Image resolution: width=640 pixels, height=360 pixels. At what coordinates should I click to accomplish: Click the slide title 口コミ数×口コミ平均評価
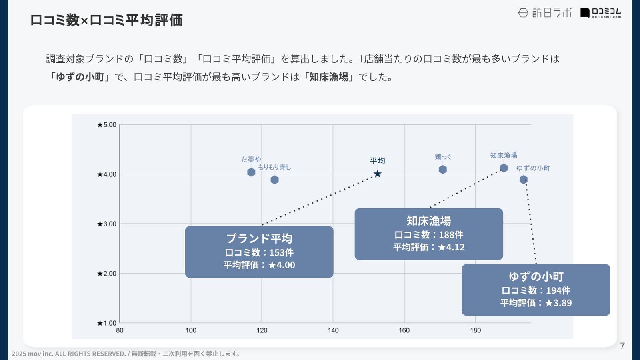click(106, 20)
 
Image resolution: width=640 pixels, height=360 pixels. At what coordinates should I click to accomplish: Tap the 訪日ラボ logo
click(545, 13)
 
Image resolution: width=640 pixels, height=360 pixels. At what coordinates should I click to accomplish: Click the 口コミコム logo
click(601, 13)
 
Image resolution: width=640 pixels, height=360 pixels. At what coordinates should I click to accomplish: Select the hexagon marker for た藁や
click(251, 172)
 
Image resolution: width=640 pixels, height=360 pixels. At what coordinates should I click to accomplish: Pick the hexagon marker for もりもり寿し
click(274, 180)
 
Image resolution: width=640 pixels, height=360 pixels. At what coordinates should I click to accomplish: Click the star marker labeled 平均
click(377, 174)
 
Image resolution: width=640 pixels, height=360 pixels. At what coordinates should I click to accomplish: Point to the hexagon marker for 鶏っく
click(442, 170)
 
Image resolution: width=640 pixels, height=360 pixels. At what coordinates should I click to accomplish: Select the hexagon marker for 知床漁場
click(504, 168)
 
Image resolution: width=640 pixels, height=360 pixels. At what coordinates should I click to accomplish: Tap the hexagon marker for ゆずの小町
click(523, 180)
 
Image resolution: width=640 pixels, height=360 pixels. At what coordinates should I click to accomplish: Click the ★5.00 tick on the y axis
click(106, 125)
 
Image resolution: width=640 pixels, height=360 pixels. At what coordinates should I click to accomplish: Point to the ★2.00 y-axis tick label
click(106, 274)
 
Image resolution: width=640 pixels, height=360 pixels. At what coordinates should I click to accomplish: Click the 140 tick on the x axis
click(333, 330)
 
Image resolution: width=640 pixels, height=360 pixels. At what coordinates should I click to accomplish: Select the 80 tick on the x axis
click(120, 330)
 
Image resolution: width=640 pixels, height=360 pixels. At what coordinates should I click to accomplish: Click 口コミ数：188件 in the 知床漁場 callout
click(428, 235)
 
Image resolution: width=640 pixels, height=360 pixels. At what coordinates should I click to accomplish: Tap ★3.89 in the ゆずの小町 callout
click(558, 303)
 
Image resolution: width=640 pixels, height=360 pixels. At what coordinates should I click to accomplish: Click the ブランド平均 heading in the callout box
click(259, 238)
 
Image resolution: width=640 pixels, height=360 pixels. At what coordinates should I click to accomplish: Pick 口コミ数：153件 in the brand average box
click(259, 253)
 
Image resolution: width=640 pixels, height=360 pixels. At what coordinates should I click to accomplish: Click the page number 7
click(622, 346)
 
